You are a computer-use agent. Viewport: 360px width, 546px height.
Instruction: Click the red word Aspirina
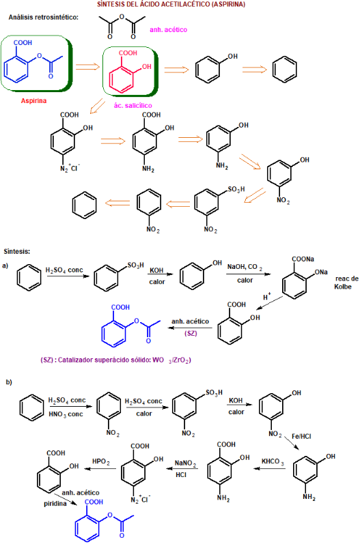click(x=33, y=100)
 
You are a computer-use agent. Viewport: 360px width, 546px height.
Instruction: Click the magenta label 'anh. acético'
click(x=168, y=30)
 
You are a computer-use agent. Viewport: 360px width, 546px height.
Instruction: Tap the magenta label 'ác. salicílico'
click(x=133, y=105)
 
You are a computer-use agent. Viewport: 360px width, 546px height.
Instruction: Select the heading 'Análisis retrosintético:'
click(x=44, y=17)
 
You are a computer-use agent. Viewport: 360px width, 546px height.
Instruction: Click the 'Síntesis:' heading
click(x=17, y=251)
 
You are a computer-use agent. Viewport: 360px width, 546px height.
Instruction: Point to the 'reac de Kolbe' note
click(x=346, y=283)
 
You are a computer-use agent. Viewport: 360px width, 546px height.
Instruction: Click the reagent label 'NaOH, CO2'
click(x=245, y=267)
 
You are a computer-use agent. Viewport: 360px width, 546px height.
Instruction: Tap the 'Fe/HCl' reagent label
click(x=301, y=436)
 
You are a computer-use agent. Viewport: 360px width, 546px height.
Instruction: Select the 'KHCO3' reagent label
click(x=273, y=462)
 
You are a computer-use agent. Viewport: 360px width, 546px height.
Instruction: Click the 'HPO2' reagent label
click(x=100, y=461)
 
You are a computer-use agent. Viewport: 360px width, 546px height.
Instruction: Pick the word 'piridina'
click(x=55, y=504)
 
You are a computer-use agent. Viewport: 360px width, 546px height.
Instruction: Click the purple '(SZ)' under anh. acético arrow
click(x=191, y=333)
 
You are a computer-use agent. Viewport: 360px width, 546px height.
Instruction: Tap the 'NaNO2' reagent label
click(x=185, y=463)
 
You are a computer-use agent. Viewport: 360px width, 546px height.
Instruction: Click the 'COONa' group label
click(x=303, y=259)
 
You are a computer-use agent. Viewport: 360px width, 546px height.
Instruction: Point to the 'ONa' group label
click(x=321, y=272)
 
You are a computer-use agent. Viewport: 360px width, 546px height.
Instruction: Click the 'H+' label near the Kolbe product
click(x=267, y=297)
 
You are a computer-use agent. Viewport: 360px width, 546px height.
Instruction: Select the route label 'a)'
click(x=5, y=265)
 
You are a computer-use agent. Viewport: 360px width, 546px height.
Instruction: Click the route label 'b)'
click(x=9, y=382)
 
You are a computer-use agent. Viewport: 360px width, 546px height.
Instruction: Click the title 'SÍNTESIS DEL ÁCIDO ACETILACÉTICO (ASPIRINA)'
click(x=171, y=4)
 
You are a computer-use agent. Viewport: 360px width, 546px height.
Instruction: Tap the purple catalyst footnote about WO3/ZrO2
click(x=115, y=360)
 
